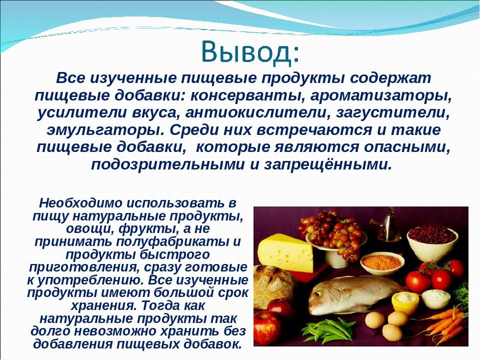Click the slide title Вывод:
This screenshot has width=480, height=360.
tap(250, 52)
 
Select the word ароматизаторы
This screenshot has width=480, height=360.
tap(380, 95)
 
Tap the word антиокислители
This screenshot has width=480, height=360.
tap(256, 112)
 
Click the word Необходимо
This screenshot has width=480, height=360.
tap(81, 203)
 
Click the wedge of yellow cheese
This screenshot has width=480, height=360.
tap(285, 253)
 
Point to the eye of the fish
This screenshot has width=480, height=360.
tap(317, 293)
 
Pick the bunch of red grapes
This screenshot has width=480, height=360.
tap(332, 232)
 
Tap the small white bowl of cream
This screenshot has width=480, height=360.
tap(436, 299)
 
